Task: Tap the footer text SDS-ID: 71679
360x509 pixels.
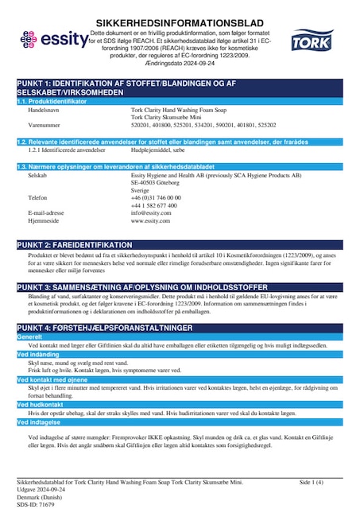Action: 37,504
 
